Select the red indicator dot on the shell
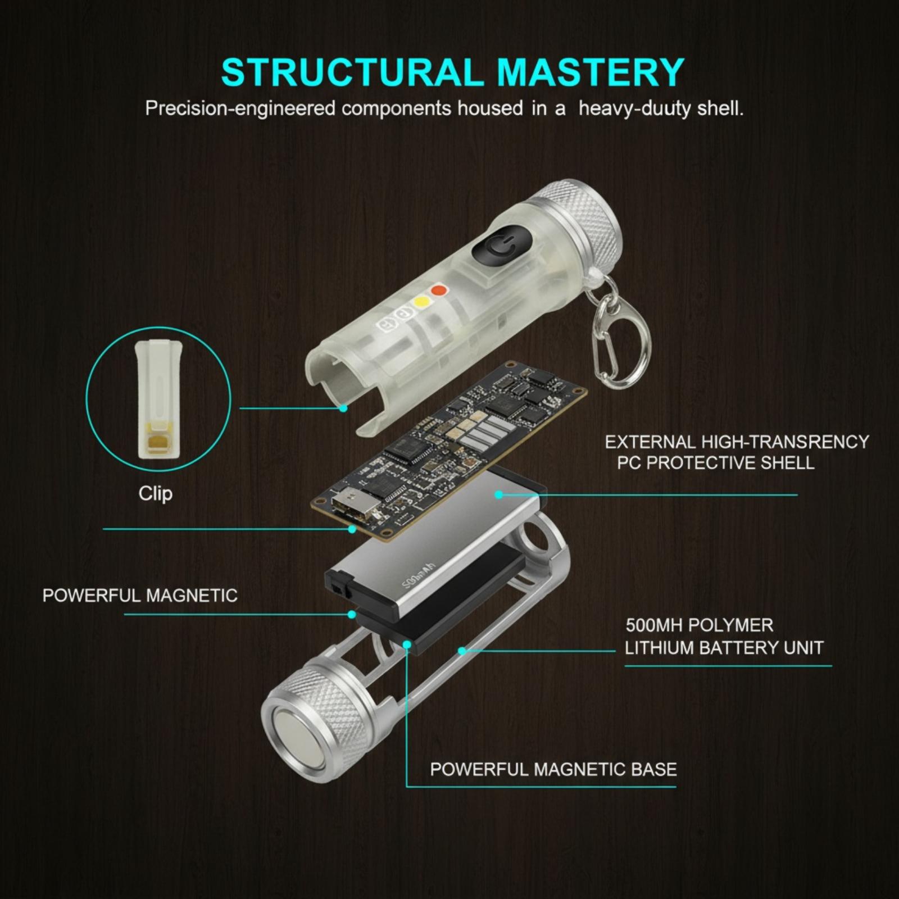[438, 291]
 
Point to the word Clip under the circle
[156, 493]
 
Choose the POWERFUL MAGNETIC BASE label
[553, 769]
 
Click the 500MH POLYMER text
[700, 625]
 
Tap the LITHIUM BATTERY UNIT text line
[724, 648]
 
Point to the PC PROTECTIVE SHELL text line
[716, 463]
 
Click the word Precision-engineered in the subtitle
[240, 108]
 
